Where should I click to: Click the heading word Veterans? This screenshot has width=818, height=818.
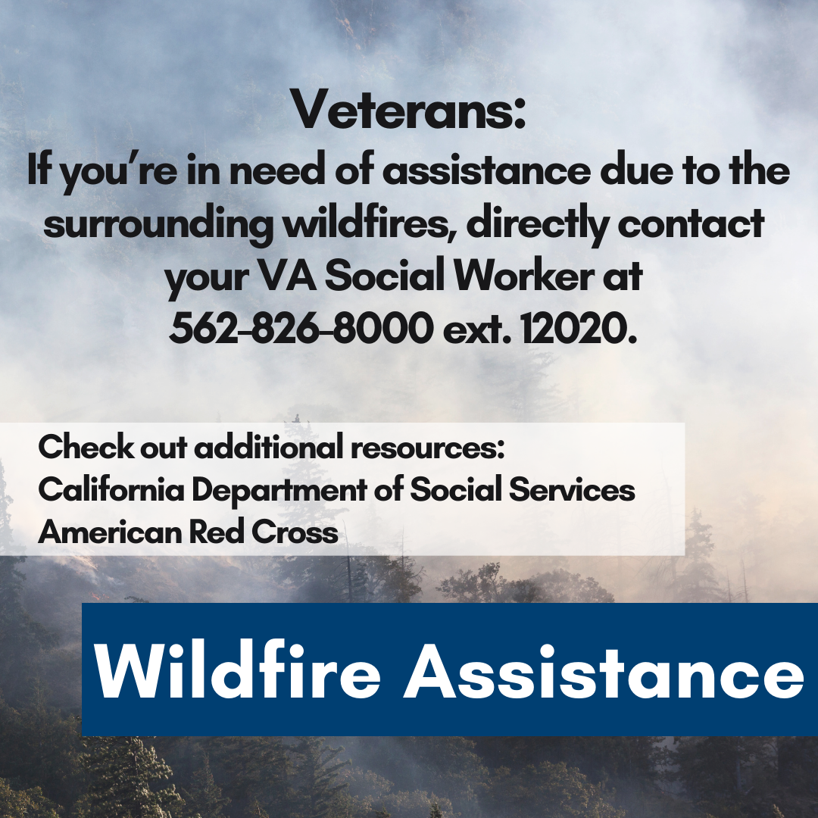(408, 111)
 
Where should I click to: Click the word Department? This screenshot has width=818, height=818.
(279, 490)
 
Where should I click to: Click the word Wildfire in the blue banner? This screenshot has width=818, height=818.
(237, 670)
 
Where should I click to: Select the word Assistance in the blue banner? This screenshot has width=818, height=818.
(603, 670)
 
